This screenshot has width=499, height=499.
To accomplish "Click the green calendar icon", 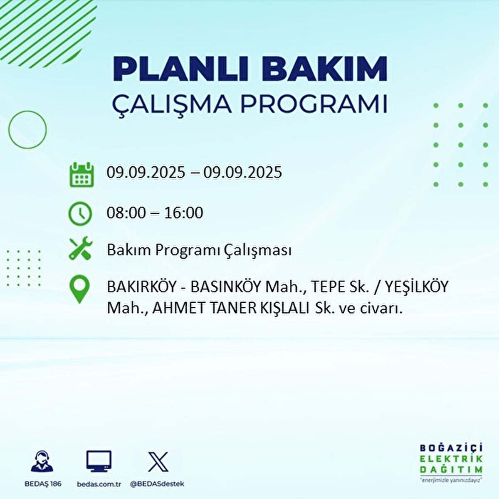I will tap(81, 175).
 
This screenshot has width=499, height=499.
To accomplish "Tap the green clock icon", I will tap(80, 214).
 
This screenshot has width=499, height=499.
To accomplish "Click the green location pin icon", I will tap(79, 290).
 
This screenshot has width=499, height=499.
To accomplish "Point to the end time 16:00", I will tap(183, 213).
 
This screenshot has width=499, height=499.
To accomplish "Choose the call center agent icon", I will tap(42, 462).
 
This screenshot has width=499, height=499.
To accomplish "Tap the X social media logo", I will tap(158, 462).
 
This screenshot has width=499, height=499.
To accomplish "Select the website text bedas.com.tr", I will tap(99, 484).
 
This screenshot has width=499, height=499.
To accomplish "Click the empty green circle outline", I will tap(27, 130).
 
